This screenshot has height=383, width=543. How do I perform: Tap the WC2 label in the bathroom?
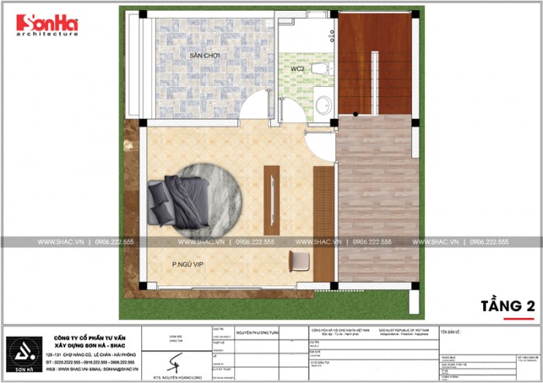pyautogui.click(x=296, y=68)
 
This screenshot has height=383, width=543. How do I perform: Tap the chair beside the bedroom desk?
pyautogui.click(x=299, y=261)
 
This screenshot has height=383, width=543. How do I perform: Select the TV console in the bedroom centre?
pyautogui.click(x=271, y=200)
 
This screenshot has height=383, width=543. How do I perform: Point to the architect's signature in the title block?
pyautogui.click(x=178, y=361)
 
